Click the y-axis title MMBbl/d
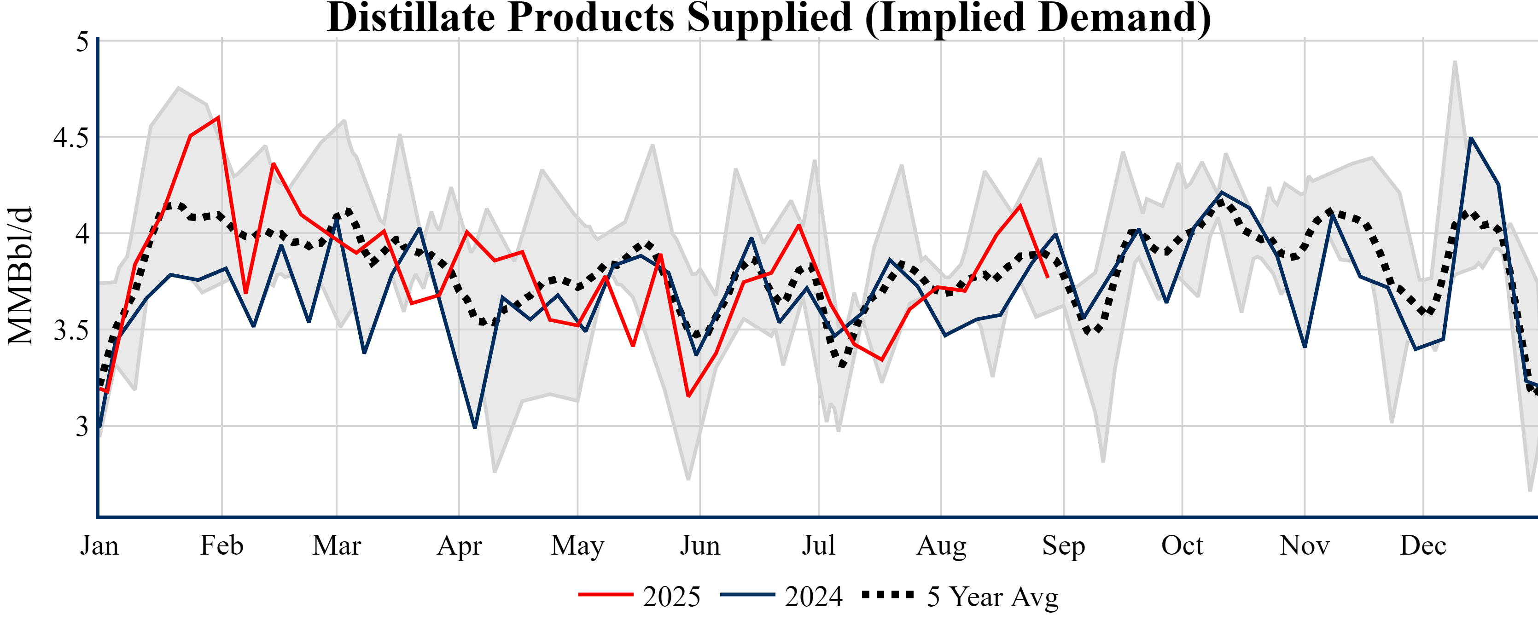(20, 276)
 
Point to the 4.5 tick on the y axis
(70, 138)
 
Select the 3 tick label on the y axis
(82, 427)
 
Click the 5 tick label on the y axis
(82, 42)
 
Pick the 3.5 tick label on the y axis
(70, 330)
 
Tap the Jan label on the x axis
(99, 545)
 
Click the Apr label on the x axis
(459, 545)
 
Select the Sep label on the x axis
(1063, 545)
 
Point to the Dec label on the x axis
(1423, 545)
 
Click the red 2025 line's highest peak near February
(219, 117)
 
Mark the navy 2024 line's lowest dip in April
(475, 427)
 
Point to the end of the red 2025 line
(1048, 277)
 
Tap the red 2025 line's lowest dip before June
(688, 396)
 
